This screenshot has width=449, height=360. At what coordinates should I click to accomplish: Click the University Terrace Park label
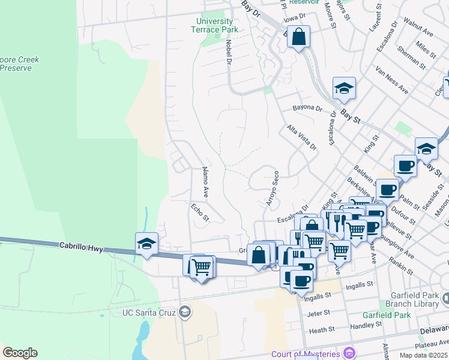point(214,25)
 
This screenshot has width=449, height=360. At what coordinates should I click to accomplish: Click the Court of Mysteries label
point(306,353)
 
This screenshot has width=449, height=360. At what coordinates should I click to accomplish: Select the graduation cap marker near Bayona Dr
point(344,88)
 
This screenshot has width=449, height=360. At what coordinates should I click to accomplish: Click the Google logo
point(20,353)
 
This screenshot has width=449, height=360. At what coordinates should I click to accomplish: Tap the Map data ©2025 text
point(424,355)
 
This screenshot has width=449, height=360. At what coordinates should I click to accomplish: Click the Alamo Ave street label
point(205,182)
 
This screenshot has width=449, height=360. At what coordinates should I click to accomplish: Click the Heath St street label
point(322,330)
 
